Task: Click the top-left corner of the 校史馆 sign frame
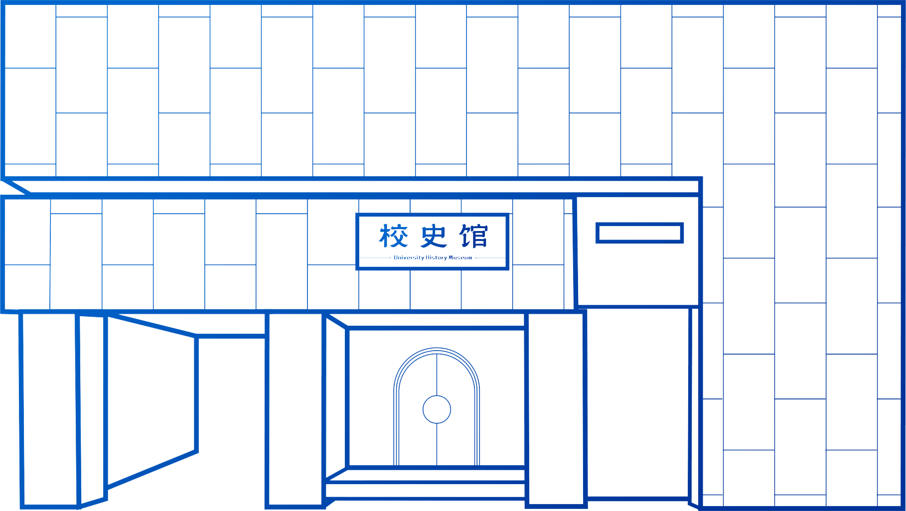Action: [x=357, y=215]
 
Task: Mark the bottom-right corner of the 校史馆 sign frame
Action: [x=508, y=269]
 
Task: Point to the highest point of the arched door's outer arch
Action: [x=437, y=348]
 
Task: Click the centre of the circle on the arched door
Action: [x=437, y=409]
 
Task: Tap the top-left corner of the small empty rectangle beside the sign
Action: [x=597, y=224]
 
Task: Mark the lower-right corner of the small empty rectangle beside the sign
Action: [x=682, y=242]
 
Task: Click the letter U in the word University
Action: [x=396, y=257]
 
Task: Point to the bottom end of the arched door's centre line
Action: [x=437, y=466]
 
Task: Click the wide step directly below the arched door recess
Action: [x=425, y=490]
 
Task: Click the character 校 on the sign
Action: [x=393, y=236]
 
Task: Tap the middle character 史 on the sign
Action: [x=434, y=236]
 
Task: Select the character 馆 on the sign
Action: [x=473, y=236]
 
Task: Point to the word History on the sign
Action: [x=436, y=257]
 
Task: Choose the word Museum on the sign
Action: [x=460, y=257]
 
